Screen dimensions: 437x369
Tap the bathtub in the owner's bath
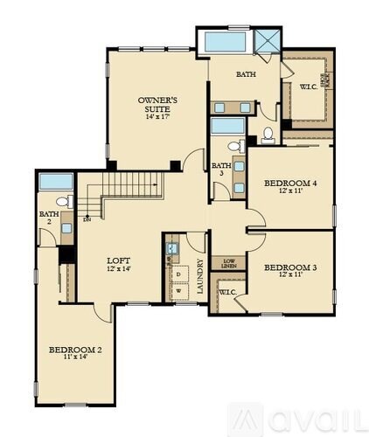coord(226,41)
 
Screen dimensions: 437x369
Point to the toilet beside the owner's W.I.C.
coord(268,134)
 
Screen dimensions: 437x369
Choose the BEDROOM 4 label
coord(289,183)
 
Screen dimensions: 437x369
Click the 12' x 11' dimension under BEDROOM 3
coord(289,275)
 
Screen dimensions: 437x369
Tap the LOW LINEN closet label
coord(228,262)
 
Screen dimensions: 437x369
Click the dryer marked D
coord(178,274)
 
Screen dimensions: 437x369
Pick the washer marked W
coord(178,291)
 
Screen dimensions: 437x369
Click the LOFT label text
coord(118,260)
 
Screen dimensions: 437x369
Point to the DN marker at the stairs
coord(87,218)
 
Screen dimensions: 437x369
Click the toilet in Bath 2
coord(61,204)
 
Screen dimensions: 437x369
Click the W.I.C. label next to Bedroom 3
coord(228,291)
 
